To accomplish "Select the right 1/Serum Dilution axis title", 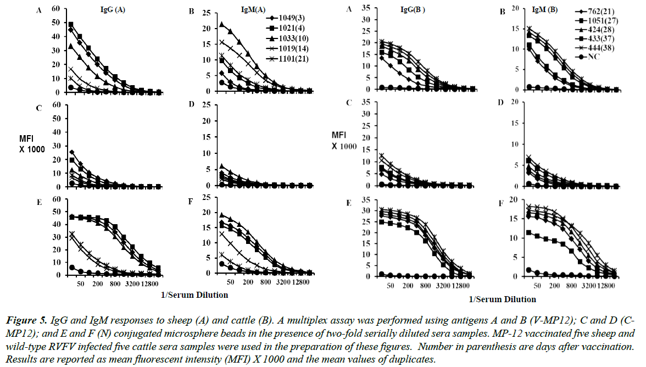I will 502,299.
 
